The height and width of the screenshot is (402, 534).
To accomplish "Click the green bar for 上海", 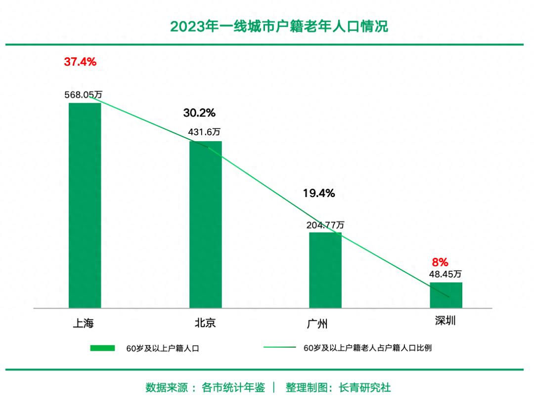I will click(85, 205).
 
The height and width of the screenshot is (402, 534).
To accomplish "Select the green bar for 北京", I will click(205, 224).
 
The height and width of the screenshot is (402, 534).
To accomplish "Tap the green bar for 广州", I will click(325, 270).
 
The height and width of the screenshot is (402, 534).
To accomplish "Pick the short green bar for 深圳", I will click(445, 295).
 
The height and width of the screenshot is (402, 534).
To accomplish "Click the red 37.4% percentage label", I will click(80, 62).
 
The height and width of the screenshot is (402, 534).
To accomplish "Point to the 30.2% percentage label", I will click(199, 113).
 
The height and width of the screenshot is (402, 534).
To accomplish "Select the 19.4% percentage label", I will click(319, 194).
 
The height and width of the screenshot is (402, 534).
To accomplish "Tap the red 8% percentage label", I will click(440, 262).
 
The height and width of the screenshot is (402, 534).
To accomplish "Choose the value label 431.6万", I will click(204, 132).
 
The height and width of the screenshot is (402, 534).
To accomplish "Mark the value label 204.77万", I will click(325, 225).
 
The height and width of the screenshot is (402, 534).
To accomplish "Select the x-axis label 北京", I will click(205, 323).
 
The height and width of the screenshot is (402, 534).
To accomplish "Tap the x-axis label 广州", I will click(317, 323).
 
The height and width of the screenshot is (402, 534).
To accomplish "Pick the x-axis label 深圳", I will click(445, 321).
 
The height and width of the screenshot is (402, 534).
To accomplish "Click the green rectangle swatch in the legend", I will click(102, 348).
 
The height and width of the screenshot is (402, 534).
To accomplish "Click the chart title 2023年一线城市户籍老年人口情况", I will click(279, 26).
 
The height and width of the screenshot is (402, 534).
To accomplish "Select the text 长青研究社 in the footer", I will click(364, 388).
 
